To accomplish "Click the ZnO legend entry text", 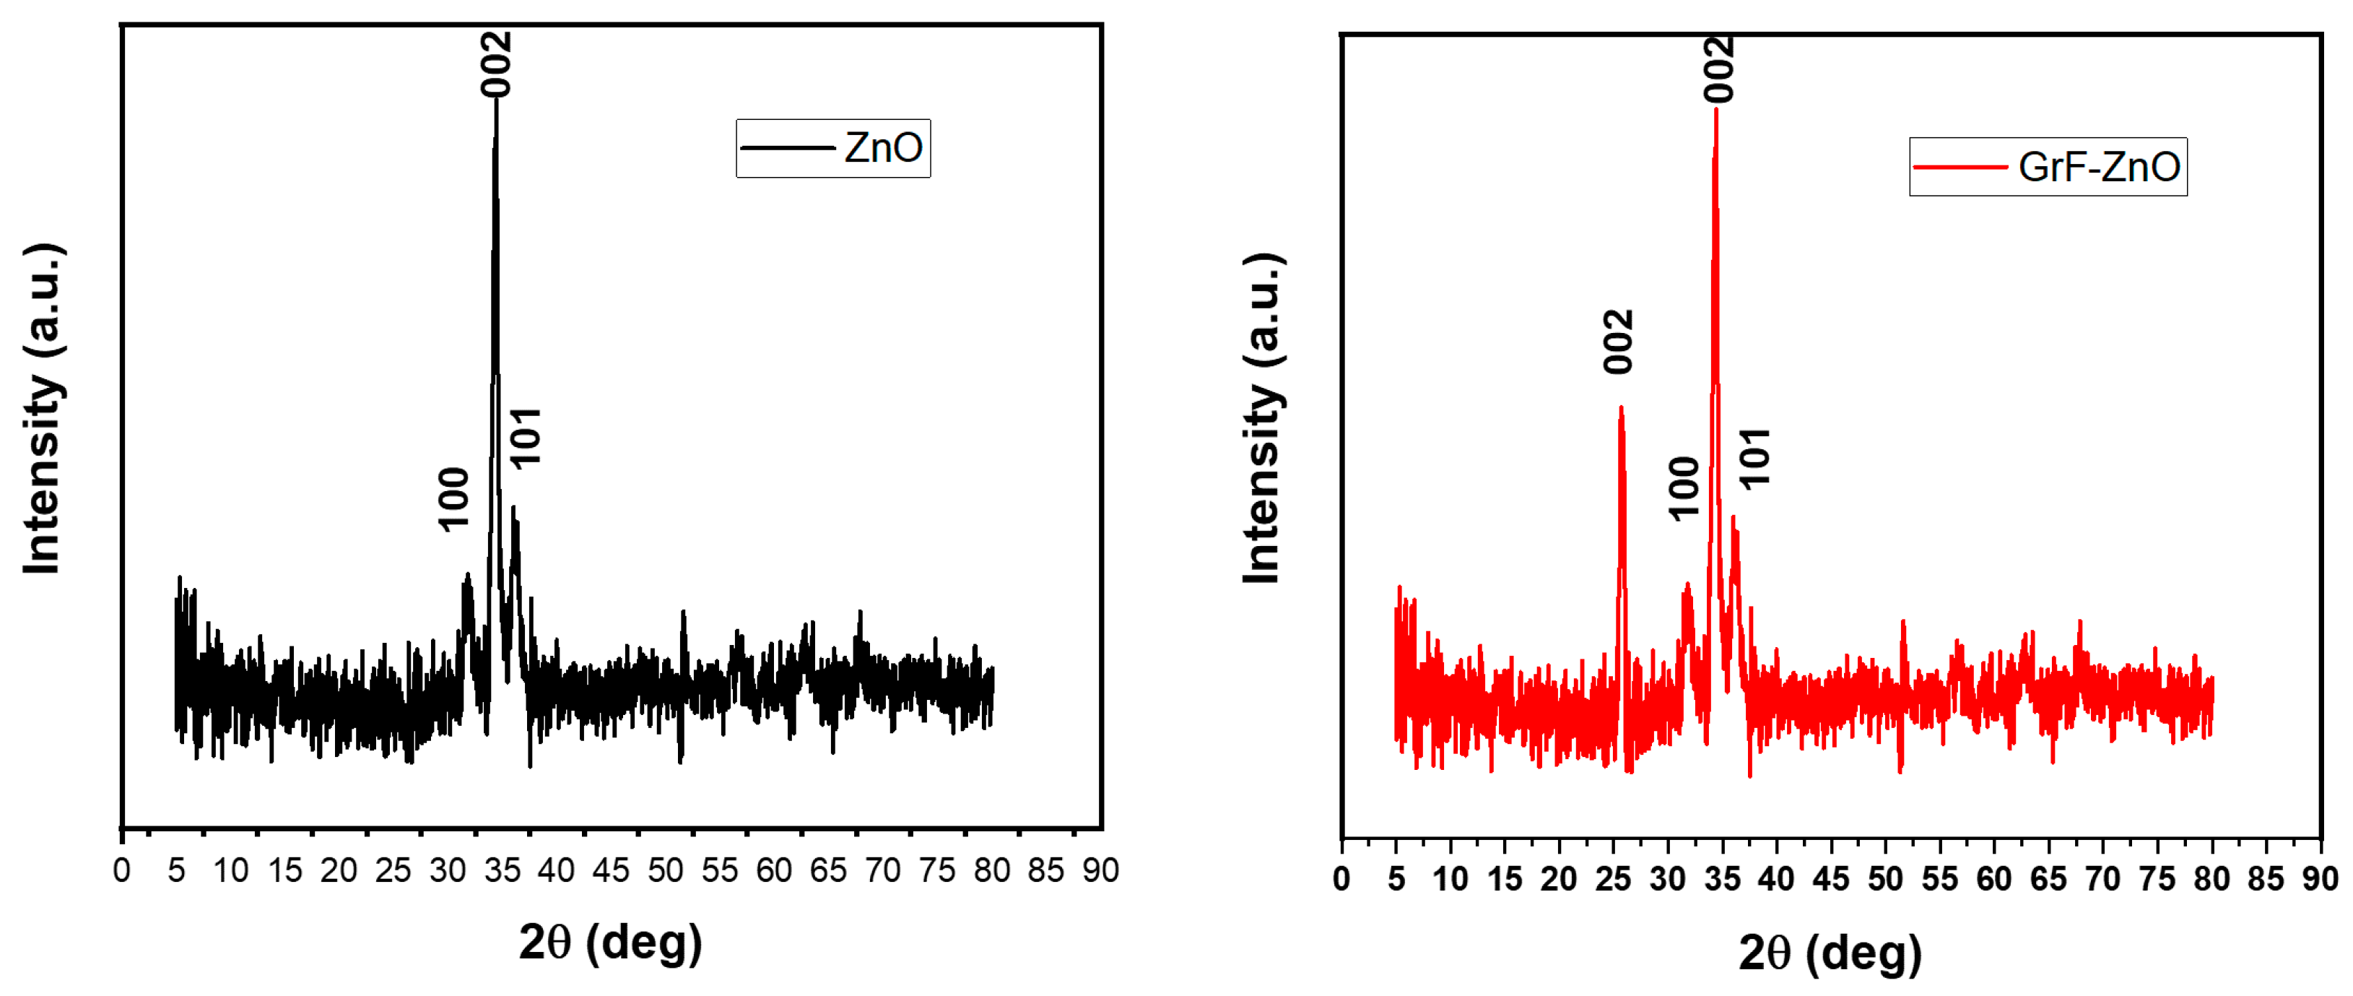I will pyautogui.click(x=882, y=148).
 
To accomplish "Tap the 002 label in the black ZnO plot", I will pyautogui.click(x=497, y=64).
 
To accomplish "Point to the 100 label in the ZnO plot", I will pyautogui.click(x=454, y=499).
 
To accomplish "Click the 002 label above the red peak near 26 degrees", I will pyautogui.click(x=1618, y=342).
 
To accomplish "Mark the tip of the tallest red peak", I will pyautogui.click(x=1716, y=110).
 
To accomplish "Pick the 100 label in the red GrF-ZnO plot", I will pyautogui.click(x=1682, y=489).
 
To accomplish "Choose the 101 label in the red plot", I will pyautogui.click(x=1754, y=459).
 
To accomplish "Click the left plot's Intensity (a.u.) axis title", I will pyautogui.click(x=43, y=410).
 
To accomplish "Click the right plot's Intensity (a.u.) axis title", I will pyautogui.click(x=1262, y=418).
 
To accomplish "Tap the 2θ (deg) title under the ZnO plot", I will pyautogui.click(x=610, y=941).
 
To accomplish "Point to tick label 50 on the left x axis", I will pyautogui.click(x=665, y=871).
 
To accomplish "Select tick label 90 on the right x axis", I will pyautogui.click(x=2319, y=879).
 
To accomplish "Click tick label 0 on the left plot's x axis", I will pyautogui.click(x=121, y=871).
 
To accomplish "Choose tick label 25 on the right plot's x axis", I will pyautogui.click(x=1612, y=879).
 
